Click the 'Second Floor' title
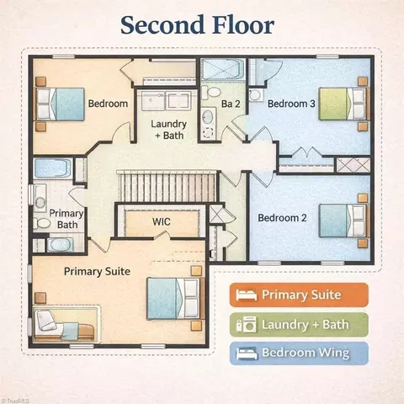click(x=197, y=25)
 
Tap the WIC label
click(x=162, y=221)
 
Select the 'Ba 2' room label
click(x=231, y=104)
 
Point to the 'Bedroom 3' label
click(x=291, y=104)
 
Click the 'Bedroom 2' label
click(x=282, y=218)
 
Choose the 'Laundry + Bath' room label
click(x=169, y=130)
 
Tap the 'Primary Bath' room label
click(x=66, y=219)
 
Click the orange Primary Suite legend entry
click(x=299, y=295)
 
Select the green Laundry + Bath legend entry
click(x=299, y=325)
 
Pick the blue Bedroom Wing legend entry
click(x=299, y=353)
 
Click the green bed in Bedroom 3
click(x=343, y=104)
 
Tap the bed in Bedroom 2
click(x=343, y=221)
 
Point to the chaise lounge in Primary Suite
click(x=65, y=326)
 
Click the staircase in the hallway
click(x=167, y=187)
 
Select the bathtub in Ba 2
click(x=223, y=69)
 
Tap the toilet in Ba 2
click(x=211, y=92)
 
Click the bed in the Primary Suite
click(x=175, y=299)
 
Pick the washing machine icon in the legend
click(x=249, y=325)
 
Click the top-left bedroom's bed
click(x=59, y=104)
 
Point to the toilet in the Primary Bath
click(x=42, y=224)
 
